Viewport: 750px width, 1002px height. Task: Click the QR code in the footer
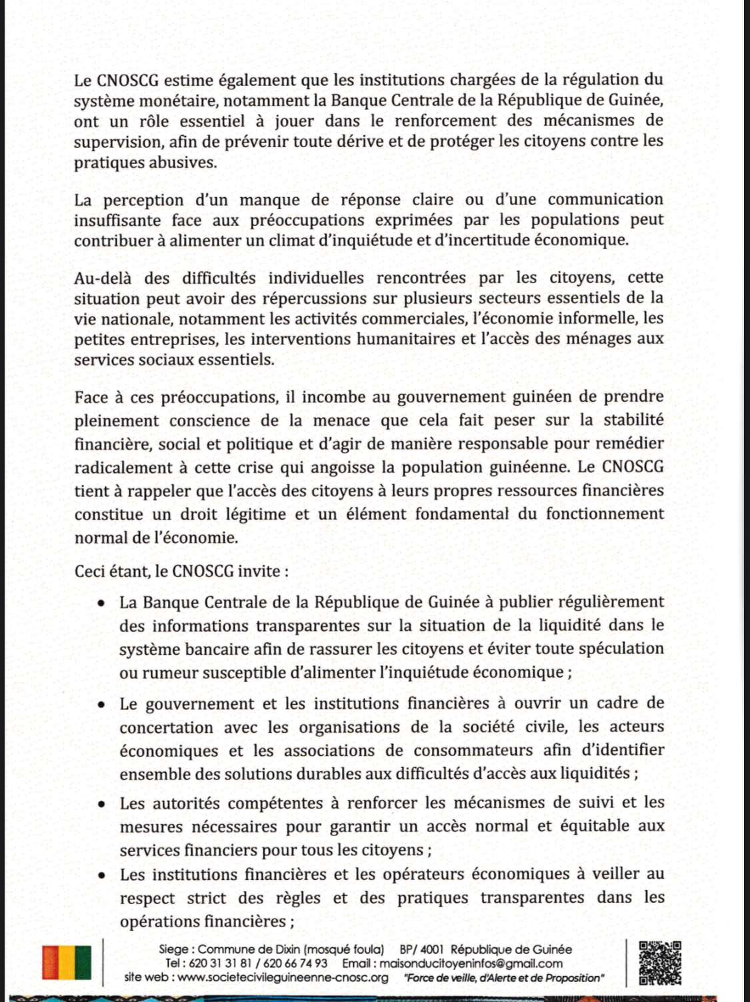pos(660,963)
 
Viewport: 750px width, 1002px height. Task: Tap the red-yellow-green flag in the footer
pos(67,963)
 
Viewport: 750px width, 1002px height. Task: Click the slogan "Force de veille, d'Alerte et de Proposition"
pos(504,978)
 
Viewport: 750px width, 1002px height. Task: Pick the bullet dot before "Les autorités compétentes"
pos(101,804)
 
